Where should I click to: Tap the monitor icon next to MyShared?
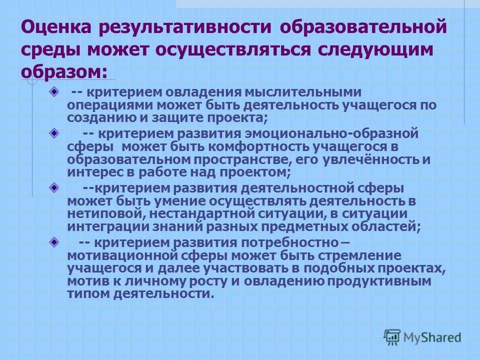[x=392, y=336]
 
